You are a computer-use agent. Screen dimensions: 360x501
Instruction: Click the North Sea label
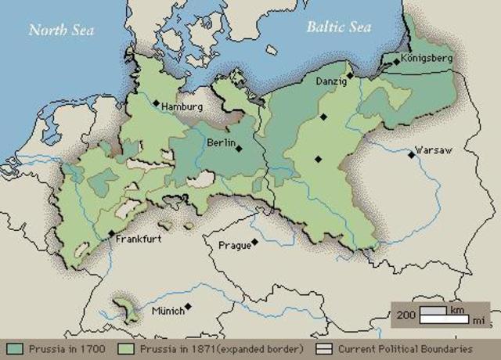[61, 31]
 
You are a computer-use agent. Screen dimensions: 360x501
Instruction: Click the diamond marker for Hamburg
[157, 103]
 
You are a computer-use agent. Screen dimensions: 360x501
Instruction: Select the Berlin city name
[221, 142]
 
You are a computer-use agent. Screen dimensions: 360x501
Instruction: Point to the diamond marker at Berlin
[239, 148]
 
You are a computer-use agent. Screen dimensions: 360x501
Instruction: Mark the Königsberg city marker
[396, 59]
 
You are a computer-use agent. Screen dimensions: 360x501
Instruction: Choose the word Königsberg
[427, 59]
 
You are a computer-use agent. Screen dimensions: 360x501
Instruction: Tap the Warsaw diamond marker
[411, 155]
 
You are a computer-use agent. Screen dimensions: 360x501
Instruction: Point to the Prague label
[235, 246]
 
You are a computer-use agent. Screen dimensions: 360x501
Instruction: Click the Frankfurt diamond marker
[111, 234]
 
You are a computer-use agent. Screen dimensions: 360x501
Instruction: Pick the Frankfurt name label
[139, 239]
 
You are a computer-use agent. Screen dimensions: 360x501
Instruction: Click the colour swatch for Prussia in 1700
[15, 347]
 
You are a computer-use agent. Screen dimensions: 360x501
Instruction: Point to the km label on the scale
[456, 310]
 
